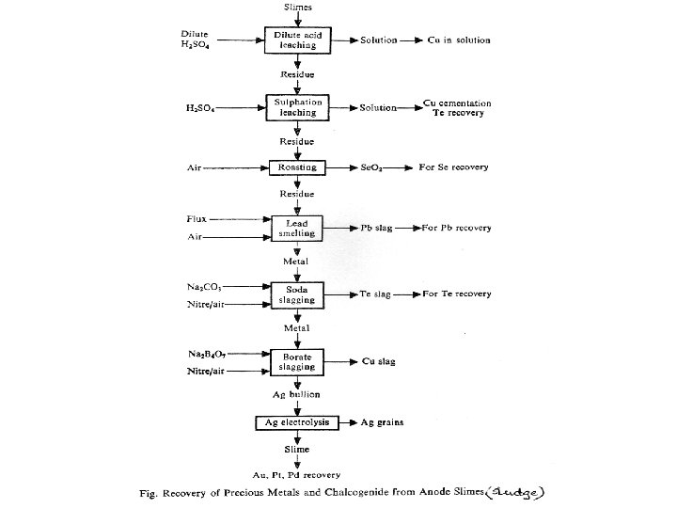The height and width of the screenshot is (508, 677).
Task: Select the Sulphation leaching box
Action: pos(297,107)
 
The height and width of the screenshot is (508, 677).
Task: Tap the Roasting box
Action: pos(297,167)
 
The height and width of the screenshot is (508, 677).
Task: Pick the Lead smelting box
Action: pos(297,228)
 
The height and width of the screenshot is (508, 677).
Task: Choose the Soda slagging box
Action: pos(297,294)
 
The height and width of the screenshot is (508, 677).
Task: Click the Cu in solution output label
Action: pos(458,41)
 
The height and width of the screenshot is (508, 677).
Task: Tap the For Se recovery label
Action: pos(461,167)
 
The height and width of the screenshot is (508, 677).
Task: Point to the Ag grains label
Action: pos(383,423)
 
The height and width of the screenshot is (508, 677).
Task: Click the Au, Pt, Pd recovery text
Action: pos(297,473)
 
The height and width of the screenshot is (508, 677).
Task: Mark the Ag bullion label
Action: pos(297,391)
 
